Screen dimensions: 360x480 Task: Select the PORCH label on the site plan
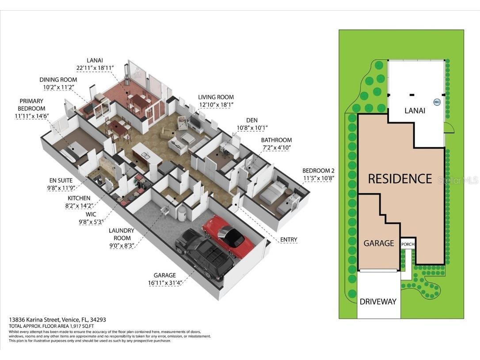coord(407,244)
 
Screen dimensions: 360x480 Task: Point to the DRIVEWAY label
coord(377,302)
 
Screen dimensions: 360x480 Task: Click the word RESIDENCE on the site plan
coord(400,179)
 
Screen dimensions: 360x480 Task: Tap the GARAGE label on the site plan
coord(379,243)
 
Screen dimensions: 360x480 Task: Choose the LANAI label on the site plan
coord(415,111)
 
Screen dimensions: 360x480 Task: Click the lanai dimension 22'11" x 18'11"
coord(95,68)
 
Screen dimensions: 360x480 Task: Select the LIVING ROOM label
coord(216,97)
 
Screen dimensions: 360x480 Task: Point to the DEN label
coord(252,120)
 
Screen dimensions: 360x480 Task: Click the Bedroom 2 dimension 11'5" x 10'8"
coord(318,179)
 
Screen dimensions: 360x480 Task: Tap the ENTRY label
coord(289,240)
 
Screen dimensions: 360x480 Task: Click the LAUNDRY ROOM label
coord(122,234)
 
